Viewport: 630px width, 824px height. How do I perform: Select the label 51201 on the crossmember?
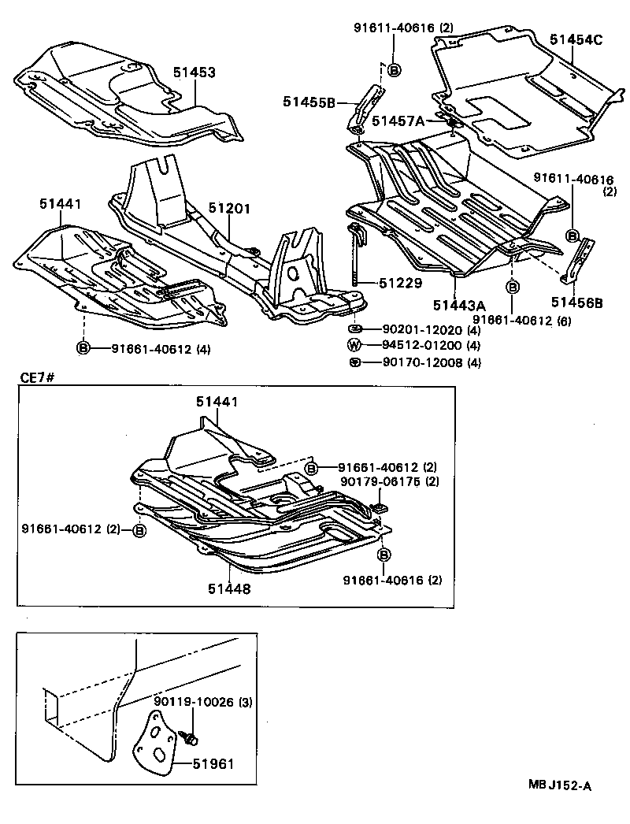pyautogui.click(x=229, y=208)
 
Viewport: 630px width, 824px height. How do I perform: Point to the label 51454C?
pyautogui.click(x=576, y=40)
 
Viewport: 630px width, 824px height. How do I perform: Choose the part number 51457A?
pyautogui.click(x=398, y=121)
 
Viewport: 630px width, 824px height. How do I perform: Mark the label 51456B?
pyautogui.click(x=577, y=302)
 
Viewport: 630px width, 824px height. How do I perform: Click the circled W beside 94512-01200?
pyautogui.click(x=354, y=345)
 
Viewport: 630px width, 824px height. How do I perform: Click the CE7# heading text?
pyautogui.click(x=35, y=379)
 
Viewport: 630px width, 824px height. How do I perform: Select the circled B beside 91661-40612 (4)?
pyautogui.click(x=83, y=347)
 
